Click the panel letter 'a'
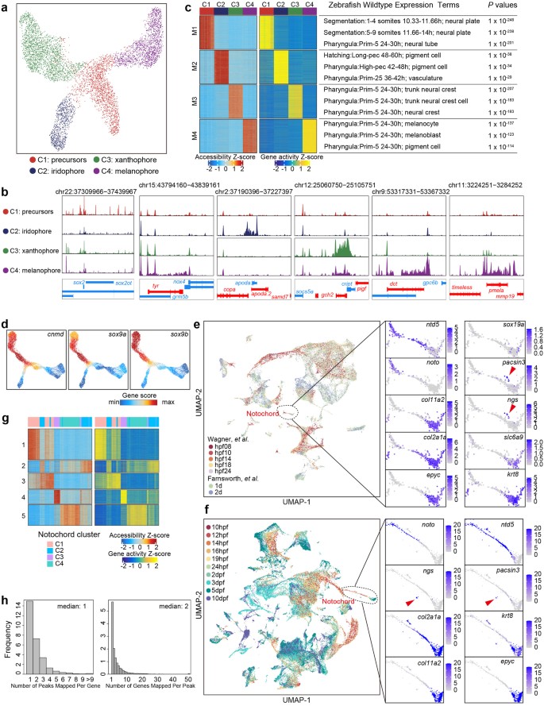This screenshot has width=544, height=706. click(6, 6)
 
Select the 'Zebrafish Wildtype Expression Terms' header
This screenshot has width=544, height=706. click(386, 14)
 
